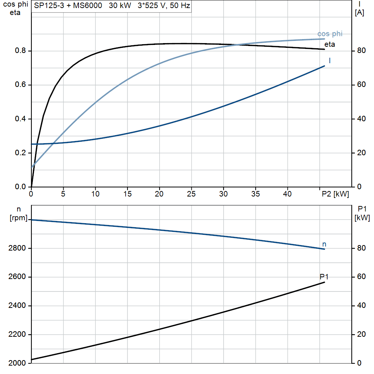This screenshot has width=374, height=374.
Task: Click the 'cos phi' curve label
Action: point(330,34)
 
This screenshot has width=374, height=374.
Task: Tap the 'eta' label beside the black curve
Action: point(330,44)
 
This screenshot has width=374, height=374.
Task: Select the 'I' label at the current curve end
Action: point(330,61)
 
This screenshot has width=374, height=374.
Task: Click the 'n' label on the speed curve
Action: point(324,244)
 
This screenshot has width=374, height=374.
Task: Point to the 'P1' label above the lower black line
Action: point(324,277)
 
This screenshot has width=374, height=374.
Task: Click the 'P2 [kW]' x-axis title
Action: point(335,194)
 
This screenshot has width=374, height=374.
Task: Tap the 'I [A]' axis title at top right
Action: point(359,8)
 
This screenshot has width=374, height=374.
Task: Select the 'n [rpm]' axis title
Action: point(19,213)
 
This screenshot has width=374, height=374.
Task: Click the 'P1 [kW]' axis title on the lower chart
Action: point(362,213)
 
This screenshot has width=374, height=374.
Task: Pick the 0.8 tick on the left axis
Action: point(20,50)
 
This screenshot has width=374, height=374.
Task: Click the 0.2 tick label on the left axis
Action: point(20,153)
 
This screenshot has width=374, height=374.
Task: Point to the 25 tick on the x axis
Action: point(191,194)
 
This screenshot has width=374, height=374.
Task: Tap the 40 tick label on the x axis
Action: point(287,194)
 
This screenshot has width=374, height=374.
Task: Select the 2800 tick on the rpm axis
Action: point(17,248)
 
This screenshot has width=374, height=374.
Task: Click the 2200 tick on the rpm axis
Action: point(17,334)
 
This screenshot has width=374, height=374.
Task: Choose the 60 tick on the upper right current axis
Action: point(361,84)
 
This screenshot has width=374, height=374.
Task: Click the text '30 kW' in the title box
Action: point(120,5)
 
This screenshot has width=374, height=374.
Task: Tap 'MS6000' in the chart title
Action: point(88,5)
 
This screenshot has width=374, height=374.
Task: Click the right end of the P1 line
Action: point(324,282)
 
